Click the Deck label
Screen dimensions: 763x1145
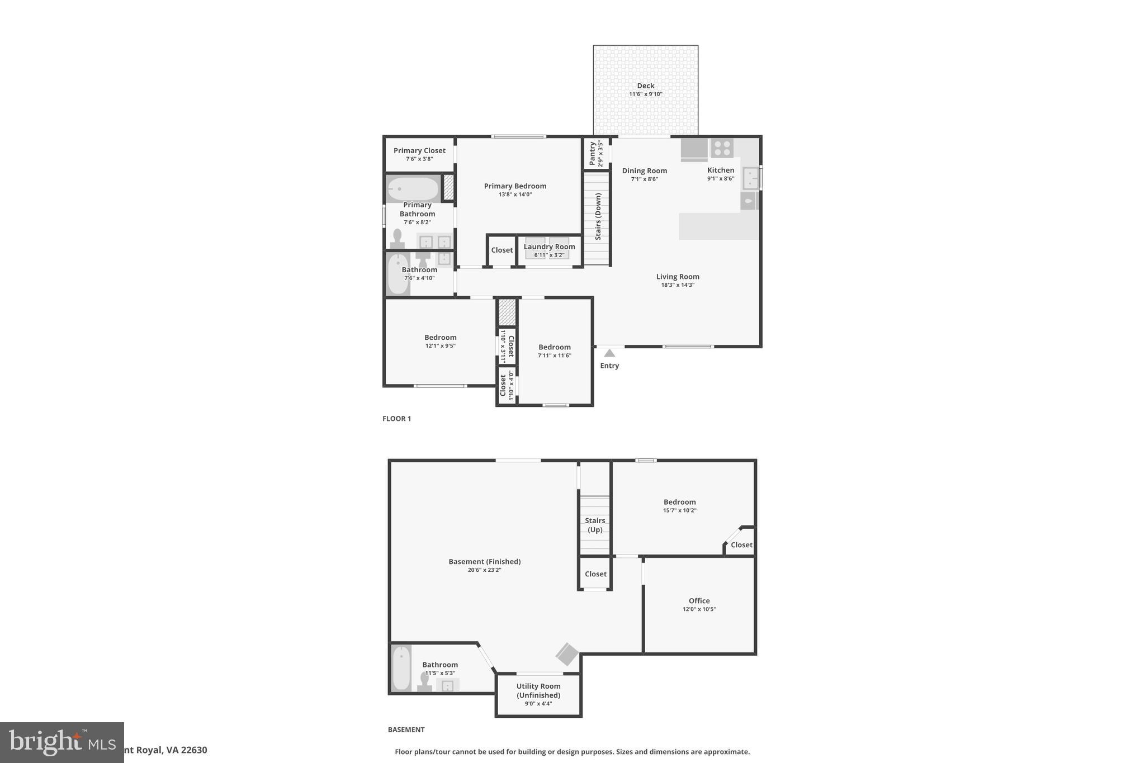tap(645, 86)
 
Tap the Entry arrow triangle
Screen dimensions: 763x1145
tap(609, 353)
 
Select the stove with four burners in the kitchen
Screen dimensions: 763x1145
tap(722, 148)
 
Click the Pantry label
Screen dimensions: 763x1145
tap(592, 153)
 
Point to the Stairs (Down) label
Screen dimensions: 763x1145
tap(598, 217)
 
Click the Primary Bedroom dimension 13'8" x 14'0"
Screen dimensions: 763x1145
tap(515, 195)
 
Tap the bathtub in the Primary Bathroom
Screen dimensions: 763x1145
tap(413, 189)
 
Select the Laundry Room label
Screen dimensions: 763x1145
tap(549, 247)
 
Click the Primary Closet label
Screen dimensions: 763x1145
tap(419, 150)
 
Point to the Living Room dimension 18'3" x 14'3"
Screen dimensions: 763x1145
tap(678, 285)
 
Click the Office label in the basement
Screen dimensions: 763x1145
tap(699, 601)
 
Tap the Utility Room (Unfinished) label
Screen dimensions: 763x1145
tap(538, 691)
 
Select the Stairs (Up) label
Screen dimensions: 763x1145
tap(595, 525)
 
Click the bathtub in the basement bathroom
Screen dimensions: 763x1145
tap(401, 669)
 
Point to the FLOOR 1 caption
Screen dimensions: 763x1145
tap(396, 419)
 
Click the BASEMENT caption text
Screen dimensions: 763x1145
tap(406, 729)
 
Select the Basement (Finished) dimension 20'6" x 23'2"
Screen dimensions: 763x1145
tap(484, 570)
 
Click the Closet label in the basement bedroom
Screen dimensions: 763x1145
tap(741, 545)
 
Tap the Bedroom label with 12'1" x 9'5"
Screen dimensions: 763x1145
tap(440, 337)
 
